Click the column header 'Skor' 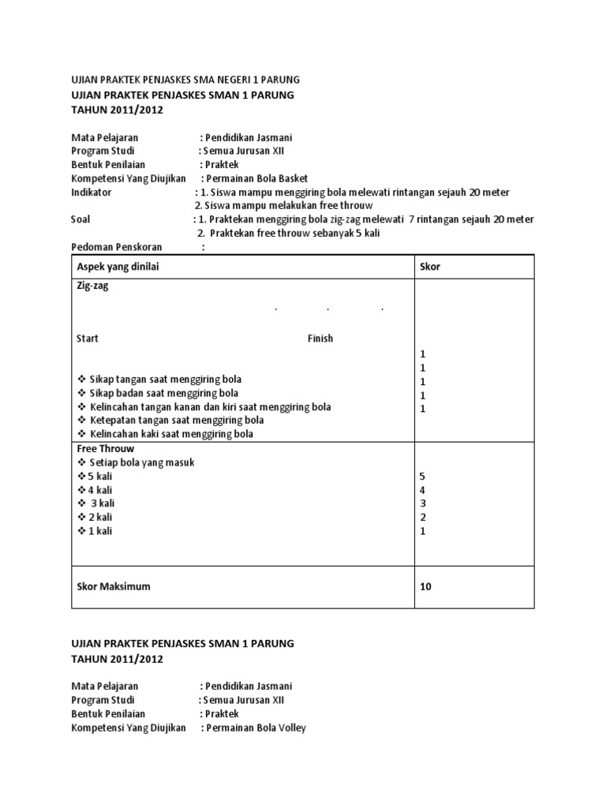click(430, 267)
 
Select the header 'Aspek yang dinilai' click(118, 267)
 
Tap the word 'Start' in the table click(88, 339)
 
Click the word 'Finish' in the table click(320, 339)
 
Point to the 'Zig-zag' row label click(92, 286)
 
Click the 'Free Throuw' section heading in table click(106, 448)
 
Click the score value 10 click(426, 586)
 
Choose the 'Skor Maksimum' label click(114, 586)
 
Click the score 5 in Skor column click(422, 477)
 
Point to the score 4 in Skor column click(422, 490)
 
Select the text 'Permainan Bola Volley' click(256, 728)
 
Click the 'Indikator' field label click(92, 192)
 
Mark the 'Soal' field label click(80, 219)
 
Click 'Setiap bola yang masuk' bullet click(141, 462)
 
